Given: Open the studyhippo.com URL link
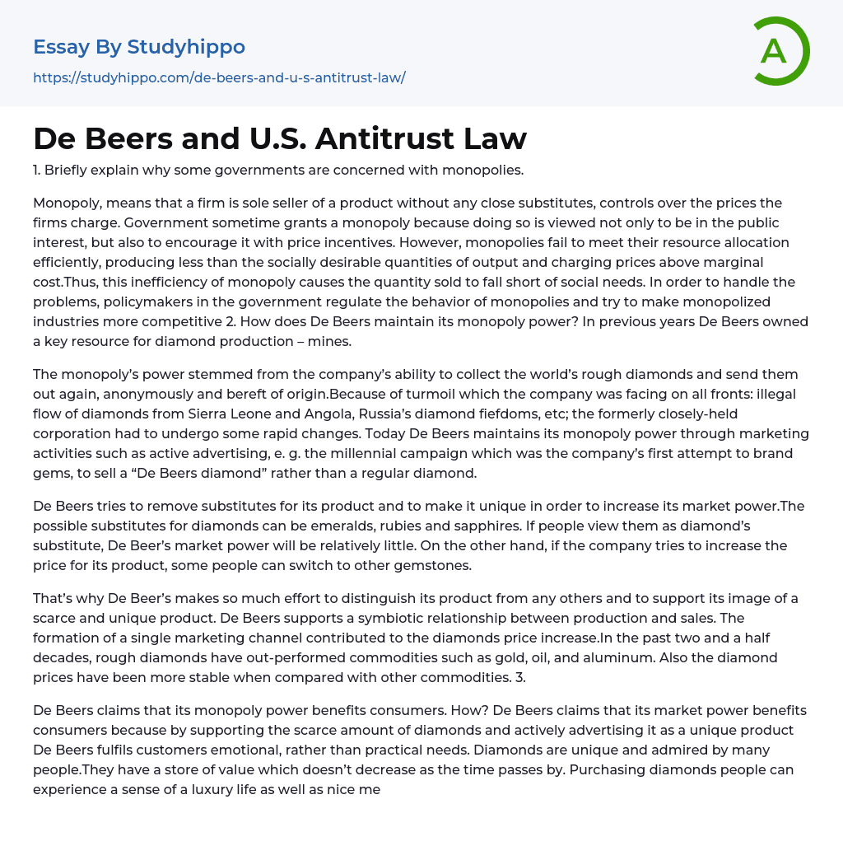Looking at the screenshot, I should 219,77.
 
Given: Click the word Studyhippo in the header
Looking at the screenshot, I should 186,47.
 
